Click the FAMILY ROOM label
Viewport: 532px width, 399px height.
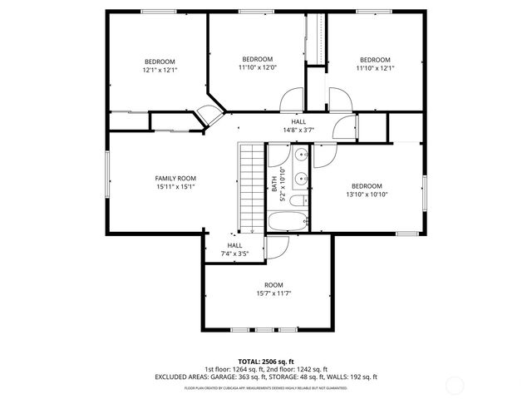[x=175, y=178]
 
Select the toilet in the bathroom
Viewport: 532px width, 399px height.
[x=302, y=199]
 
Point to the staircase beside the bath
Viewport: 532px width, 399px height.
[x=251, y=187]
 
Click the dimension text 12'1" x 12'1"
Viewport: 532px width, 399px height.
[x=160, y=71]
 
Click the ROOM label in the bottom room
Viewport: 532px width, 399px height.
[x=273, y=285]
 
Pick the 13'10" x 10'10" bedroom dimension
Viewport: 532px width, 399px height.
[x=366, y=195]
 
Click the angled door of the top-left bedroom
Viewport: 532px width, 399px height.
[x=213, y=116]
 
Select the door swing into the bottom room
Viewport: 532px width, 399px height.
[x=278, y=247]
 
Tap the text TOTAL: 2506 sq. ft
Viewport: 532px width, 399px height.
[x=266, y=362]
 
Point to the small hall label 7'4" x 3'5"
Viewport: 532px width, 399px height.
[x=234, y=253]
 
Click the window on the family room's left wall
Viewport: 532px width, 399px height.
[x=106, y=178]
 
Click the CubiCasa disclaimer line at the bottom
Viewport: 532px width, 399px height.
[x=266, y=388]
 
